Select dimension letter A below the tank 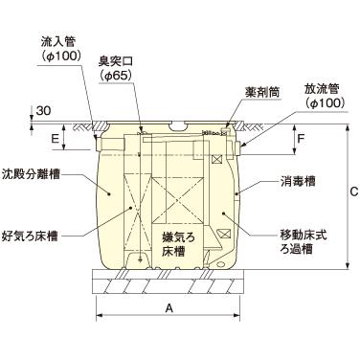pos(169,309)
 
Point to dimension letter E pos(56,139)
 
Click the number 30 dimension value pos(47,111)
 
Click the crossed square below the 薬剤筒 pos(218,159)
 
